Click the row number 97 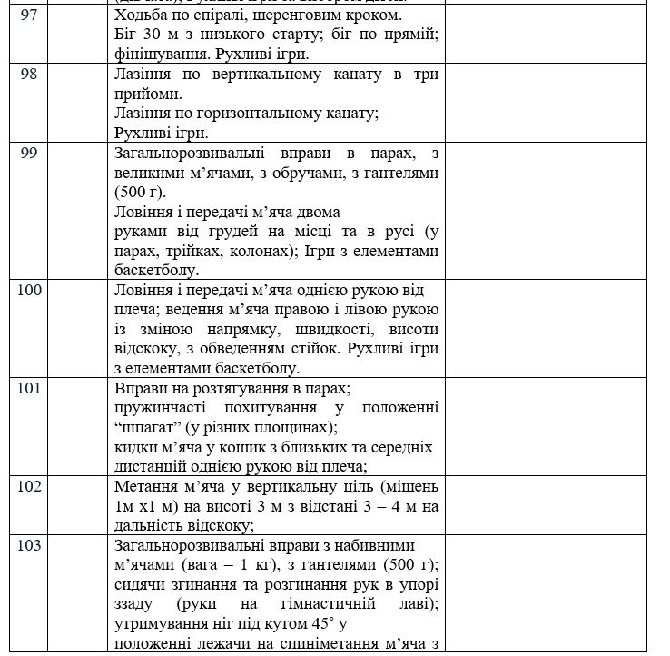pyautogui.click(x=28, y=17)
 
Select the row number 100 pyautogui.click(x=28, y=291)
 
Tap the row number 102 pyautogui.click(x=28, y=486)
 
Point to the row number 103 pyautogui.click(x=28, y=545)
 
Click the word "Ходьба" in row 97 pyautogui.click(x=143, y=17)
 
